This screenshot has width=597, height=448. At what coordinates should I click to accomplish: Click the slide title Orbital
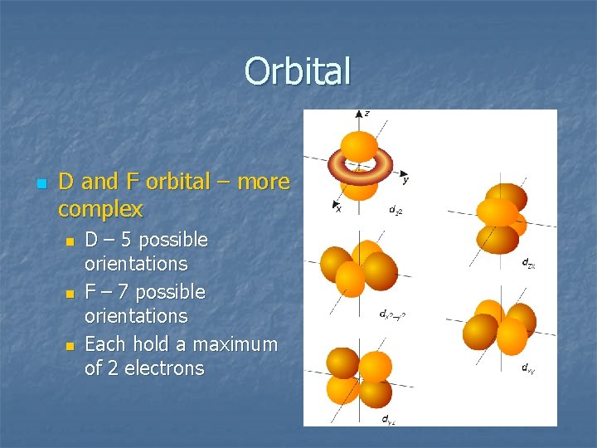pos(298,71)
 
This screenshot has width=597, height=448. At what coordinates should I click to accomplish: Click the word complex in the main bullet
pos(100,208)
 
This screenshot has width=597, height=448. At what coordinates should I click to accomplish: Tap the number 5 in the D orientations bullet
pos(130,240)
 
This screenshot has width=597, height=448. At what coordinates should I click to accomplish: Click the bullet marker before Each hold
pos(70,345)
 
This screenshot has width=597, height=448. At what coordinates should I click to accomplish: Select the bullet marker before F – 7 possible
pos(70,293)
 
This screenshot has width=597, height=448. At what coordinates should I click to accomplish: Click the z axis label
pos(366,113)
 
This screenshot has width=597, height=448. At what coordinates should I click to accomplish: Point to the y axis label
pos(405,178)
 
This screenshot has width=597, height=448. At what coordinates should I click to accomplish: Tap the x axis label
pos(338,208)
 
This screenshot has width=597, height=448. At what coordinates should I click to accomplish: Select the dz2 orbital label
pos(396,210)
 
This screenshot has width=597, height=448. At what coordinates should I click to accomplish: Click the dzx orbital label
pos(527,263)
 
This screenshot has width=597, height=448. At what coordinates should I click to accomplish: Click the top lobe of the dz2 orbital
pos(359,145)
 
